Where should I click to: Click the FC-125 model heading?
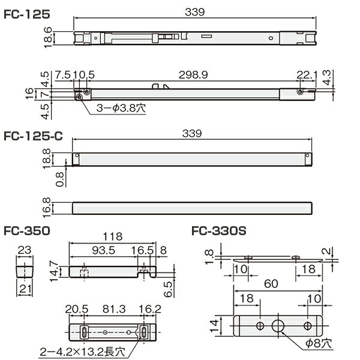click(x=27, y=14)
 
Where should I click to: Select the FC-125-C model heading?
click(x=33, y=136)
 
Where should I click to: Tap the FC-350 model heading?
click(x=27, y=231)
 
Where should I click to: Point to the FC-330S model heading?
click(x=219, y=231)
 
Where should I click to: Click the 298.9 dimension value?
click(x=193, y=75)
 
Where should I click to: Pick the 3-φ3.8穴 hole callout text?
click(x=121, y=108)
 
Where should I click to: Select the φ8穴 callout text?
click(x=319, y=343)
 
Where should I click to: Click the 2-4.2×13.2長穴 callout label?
click(x=83, y=352)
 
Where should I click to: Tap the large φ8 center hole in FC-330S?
click(x=278, y=326)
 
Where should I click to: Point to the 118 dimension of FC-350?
click(x=113, y=236)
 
